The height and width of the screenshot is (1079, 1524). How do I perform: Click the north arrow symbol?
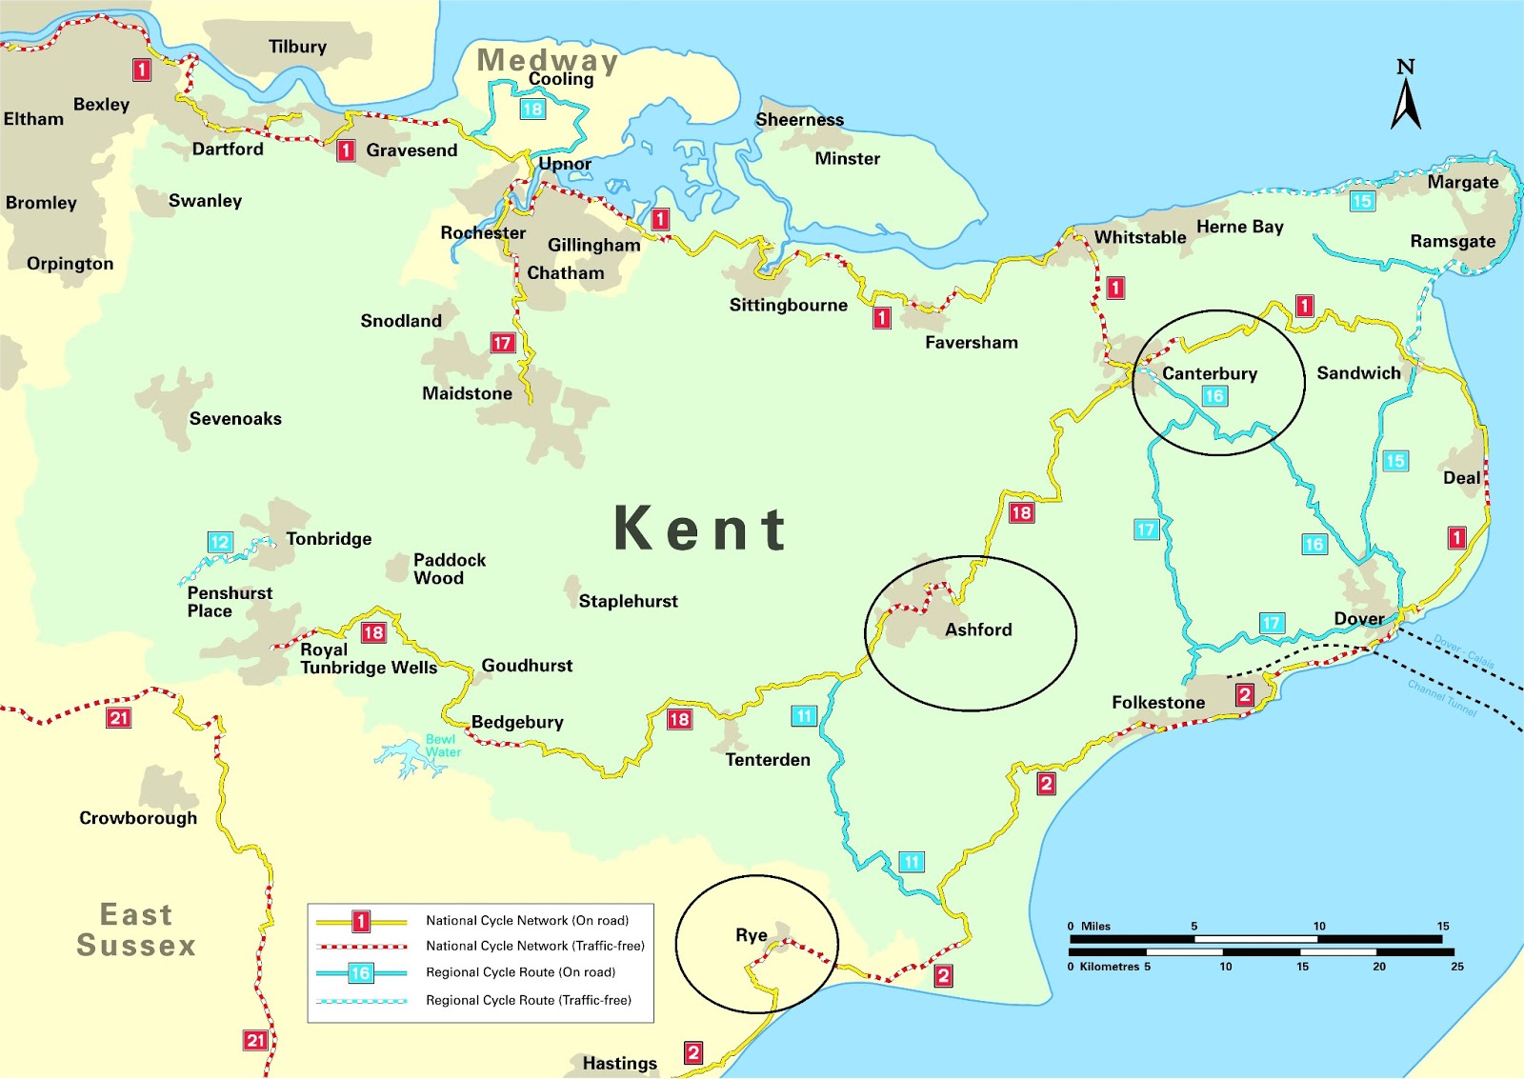1406,95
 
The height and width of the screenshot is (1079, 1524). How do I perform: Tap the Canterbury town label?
1209,373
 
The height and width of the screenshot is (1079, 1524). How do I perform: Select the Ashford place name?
978,629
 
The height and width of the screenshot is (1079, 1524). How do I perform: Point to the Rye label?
751,935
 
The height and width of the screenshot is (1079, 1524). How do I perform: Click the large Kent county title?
700,529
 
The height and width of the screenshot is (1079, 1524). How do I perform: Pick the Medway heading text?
547,60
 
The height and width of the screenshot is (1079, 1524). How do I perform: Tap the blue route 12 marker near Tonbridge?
220,542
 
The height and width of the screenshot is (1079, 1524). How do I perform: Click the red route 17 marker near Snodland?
503,343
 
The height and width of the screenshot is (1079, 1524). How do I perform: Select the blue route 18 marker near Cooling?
532,109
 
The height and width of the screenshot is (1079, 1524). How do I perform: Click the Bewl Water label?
442,746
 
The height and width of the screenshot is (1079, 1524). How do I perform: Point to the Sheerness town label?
799,120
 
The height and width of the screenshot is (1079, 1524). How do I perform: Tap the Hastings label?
619,1063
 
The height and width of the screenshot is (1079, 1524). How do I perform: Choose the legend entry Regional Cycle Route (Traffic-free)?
528,1000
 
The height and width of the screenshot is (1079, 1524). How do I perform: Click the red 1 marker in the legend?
361,921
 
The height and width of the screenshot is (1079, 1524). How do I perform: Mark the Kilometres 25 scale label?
1456,967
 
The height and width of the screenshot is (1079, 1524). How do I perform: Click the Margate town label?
1462,182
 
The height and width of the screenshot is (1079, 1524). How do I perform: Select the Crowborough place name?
138,818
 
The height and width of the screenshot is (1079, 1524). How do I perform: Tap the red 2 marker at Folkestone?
1244,695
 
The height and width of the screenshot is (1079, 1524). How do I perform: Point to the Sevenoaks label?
235,418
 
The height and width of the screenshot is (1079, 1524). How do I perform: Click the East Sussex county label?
136,930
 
